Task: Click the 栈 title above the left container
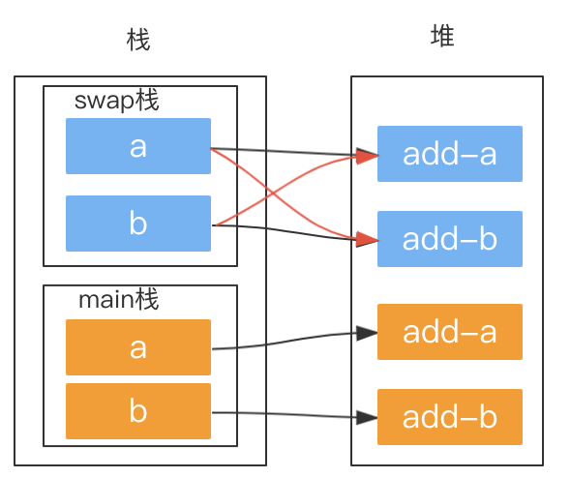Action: pos(139,41)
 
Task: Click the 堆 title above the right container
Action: pos(442,37)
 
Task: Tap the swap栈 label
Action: pos(116,101)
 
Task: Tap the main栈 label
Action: pos(118,300)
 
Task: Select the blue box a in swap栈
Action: pos(137,146)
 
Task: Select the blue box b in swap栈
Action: pos(137,224)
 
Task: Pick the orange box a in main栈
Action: pos(137,346)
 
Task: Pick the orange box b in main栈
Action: pos(137,411)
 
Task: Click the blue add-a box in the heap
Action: pos(449,154)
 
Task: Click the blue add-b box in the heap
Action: pos(449,239)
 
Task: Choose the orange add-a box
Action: pos(449,332)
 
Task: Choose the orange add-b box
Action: pos(449,417)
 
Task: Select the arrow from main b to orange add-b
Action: pos(290,415)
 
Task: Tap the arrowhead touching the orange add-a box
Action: pos(367,334)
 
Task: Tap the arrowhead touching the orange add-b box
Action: pos(367,418)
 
